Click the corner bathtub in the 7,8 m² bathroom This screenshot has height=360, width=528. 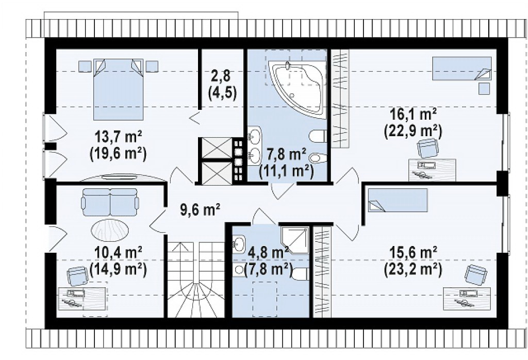pos(298,88)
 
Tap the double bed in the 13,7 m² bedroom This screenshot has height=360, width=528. pos(118,90)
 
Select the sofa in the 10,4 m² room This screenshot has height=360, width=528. pos(110,202)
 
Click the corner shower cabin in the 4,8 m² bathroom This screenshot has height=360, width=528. pos(294,240)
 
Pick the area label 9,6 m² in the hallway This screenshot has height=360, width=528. pos(201,209)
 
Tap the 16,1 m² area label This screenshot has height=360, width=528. pos(413,115)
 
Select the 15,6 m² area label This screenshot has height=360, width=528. pos(413,253)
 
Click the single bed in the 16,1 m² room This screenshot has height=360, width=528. pos(462,69)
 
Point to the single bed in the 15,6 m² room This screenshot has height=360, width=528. pos(398,200)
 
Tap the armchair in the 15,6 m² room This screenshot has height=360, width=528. pos(476,274)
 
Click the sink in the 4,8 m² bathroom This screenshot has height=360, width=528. pos(239,243)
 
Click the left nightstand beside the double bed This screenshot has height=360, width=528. pos(85,66)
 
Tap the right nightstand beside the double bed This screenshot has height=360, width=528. pos(152,66)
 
